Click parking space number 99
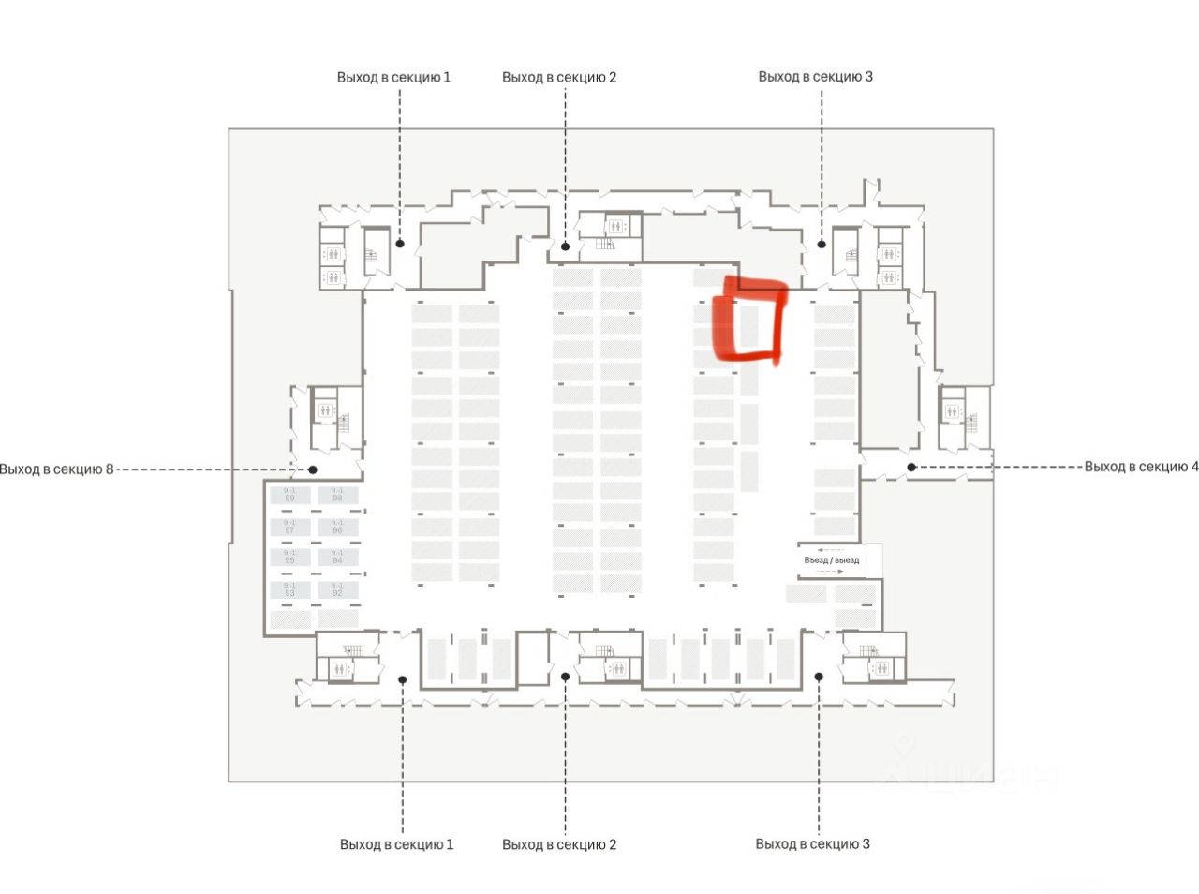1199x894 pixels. point(290,495)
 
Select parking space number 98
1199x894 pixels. point(337,495)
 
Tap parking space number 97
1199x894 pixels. point(290,527)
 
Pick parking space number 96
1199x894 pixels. point(337,527)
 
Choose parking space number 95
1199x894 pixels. point(290,557)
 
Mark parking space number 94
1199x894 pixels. point(337,557)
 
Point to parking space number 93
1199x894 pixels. point(290,589)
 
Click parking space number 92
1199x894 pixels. point(337,589)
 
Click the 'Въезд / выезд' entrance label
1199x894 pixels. point(831,560)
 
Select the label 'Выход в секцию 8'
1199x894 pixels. point(56,469)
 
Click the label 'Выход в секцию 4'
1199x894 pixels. point(1141,467)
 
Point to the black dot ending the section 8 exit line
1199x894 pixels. point(313,469)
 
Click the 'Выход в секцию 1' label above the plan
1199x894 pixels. point(393,77)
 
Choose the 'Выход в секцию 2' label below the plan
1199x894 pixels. point(559,844)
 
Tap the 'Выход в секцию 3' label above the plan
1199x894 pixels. point(815,76)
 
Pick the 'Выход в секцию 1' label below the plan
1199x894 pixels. point(396,844)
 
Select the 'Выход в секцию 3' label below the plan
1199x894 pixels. point(812,843)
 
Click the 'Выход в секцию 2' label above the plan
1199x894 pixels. point(559,77)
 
